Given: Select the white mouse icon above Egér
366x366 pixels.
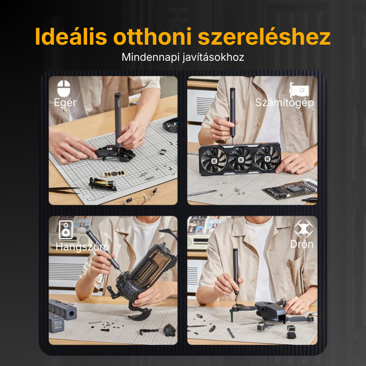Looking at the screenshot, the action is coord(64,88).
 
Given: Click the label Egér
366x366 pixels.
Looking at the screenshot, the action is coord(65,102).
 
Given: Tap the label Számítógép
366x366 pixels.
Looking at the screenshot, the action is coord(284,102).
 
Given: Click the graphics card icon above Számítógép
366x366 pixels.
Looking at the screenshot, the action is coord(299,90).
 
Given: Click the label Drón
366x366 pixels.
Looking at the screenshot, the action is coord(302,244).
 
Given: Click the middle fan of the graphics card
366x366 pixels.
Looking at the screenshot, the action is coord(241,160).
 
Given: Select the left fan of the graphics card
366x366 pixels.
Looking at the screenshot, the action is coord(214,160).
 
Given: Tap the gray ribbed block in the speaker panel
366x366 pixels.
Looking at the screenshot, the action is coord(63,308).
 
